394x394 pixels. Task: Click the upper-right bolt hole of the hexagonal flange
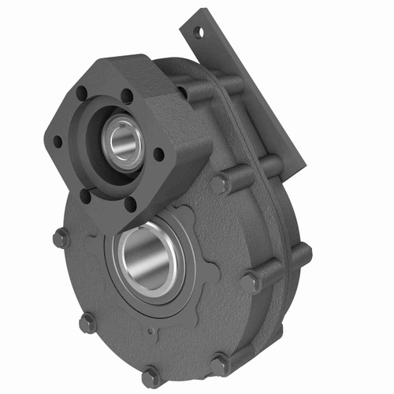tap(126, 96)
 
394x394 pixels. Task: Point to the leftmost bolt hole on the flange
tap(58, 142)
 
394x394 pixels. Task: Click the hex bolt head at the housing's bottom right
tap(218, 363)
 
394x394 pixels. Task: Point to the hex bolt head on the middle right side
tap(251, 281)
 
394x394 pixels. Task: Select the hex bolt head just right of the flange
tap(219, 184)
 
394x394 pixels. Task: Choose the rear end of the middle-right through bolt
tap(303, 254)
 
